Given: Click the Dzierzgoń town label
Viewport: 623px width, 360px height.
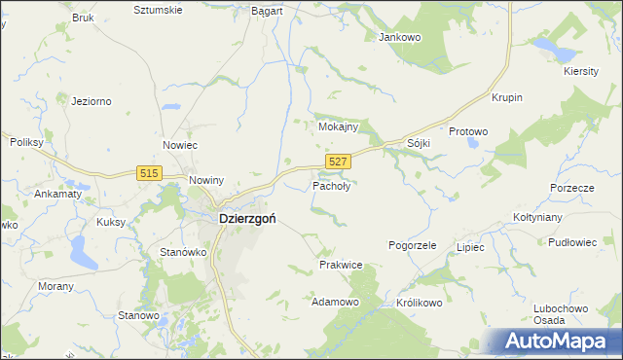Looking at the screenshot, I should [x=241, y=219].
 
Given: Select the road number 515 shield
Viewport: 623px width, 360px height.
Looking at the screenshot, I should [x=149, y=172].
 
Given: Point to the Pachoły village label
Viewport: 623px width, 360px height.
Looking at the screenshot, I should [x=331, y=185].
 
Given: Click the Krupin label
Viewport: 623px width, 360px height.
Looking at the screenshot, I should [x=507, y=98].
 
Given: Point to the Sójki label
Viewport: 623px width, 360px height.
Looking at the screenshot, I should [x=419, y=143].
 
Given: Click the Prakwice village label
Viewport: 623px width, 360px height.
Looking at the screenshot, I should [x=341, y=265].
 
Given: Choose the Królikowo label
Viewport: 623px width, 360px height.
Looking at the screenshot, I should [x=420, y=303].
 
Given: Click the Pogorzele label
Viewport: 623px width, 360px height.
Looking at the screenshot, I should [x=412, y=246].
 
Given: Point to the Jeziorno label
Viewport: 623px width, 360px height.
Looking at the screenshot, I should [x=92, y=99].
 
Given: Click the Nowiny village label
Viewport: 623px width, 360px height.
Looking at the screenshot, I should [x=207, y=181].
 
